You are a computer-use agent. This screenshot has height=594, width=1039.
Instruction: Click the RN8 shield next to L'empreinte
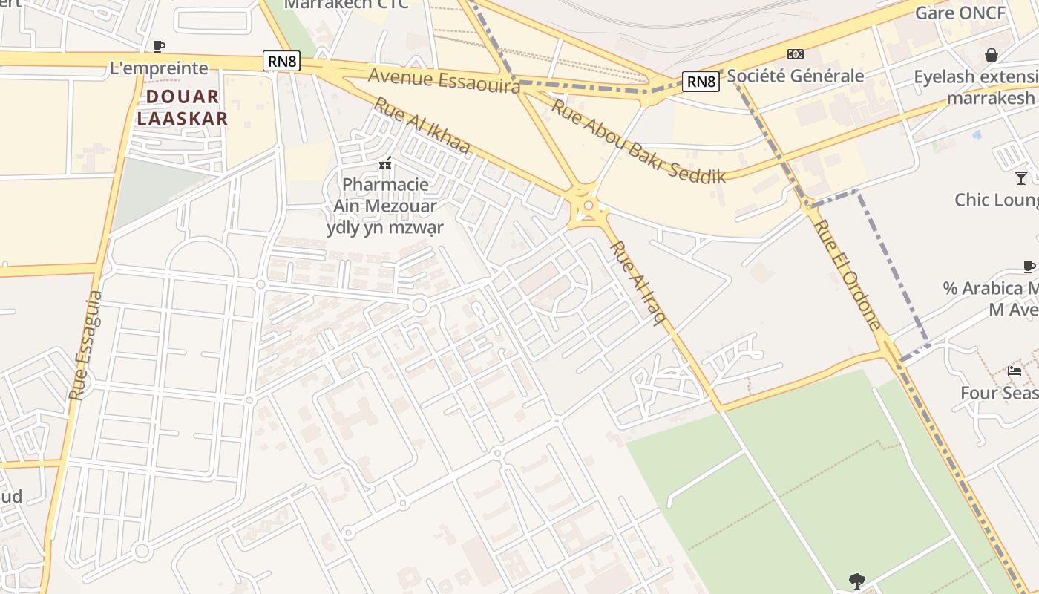pyautogui.click(x=281, y=62)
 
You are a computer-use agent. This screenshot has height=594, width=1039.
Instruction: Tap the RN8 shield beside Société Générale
pyautogui.click(x=701, y=81)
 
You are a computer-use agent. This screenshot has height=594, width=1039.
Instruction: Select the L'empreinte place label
pyautogui.click(x=159, y=68)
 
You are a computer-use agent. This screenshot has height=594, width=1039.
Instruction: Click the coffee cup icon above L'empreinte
pyautogui.click(x=158, y=46)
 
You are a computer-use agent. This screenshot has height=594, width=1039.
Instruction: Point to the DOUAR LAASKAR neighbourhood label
pyautogui.click(x=182, y=107)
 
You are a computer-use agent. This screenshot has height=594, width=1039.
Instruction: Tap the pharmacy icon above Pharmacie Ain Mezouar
pyautogui.click(x=385, y=163)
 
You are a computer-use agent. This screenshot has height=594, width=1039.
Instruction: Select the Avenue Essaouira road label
pyautogui.click(x=444, y=80)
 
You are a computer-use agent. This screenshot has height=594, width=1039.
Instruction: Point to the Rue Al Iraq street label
pyautogui.click(x=638, y=283)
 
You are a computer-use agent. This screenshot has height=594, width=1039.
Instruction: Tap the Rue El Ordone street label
pyautogui.click(x=848, y=275)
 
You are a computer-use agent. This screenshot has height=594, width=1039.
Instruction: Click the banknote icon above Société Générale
pyautogui.click(x=796, y=53)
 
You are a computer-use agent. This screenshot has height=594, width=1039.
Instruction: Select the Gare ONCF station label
pyautogui.click(x=960, y=13)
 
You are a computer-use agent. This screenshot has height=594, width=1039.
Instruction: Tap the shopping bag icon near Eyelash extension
pyautogui.click(x=991, y=55)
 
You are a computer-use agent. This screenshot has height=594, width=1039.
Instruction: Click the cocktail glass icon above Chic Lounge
pyautogui.click(x=1021, y=177)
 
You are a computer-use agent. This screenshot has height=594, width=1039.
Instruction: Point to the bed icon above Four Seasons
pyautogui.click(x=1015, y=371)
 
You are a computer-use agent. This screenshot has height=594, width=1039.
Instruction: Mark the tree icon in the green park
pyautogui.click(x=857, y=580)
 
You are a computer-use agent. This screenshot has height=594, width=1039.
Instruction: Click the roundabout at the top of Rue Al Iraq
pyautogui.click(x=588, y=206)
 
